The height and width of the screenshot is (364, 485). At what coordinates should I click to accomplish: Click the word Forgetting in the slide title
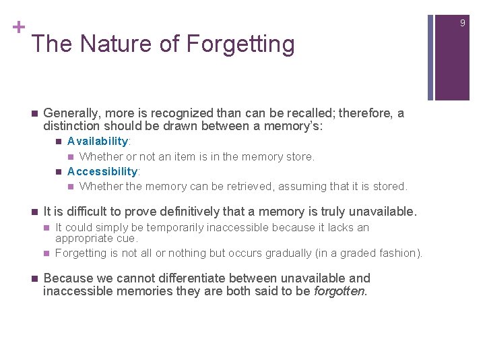coord(240,44)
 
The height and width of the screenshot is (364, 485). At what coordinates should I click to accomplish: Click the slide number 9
coord(463,23)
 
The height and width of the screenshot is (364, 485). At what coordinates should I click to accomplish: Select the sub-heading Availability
coord(98,141)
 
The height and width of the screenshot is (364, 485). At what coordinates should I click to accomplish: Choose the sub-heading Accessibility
coord(102,171)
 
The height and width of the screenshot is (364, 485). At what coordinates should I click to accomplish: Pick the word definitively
coord(174,212)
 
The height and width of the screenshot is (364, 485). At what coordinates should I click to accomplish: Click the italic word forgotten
coord(340,291)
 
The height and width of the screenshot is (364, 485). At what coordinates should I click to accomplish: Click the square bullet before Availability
coord(59,142)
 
